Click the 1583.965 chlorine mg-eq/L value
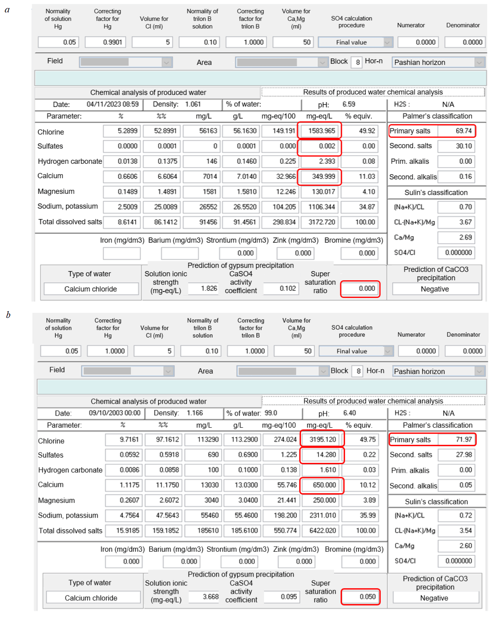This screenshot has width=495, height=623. (319, 131)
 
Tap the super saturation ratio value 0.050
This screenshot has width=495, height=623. (360, 597)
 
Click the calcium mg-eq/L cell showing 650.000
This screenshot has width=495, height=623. (322, 485)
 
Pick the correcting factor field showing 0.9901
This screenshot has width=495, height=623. (105, 42)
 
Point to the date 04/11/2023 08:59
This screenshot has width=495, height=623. (113, 104)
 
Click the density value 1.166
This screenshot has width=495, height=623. (195, 413)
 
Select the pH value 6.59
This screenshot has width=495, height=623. (349, 104)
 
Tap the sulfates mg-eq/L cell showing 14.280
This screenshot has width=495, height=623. (322, 455)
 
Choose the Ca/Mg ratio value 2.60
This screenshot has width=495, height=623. (457, 546)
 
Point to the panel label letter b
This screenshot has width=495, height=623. (8, 315)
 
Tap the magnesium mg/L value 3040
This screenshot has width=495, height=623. (204, 500)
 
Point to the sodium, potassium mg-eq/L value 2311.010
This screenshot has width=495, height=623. (322, 515)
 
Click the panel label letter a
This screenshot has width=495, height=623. (7, 10)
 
